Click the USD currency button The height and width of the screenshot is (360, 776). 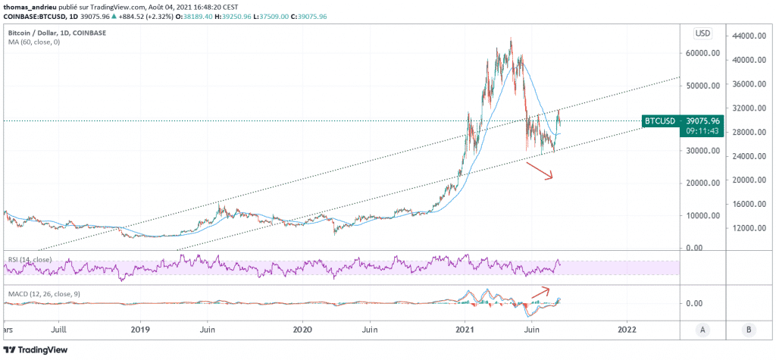tap(702, 33)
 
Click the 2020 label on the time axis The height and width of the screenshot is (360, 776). tap(302, 330)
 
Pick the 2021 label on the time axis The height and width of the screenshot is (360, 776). tap(466, 330)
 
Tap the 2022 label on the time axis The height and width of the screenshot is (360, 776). tap(627, 330)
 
